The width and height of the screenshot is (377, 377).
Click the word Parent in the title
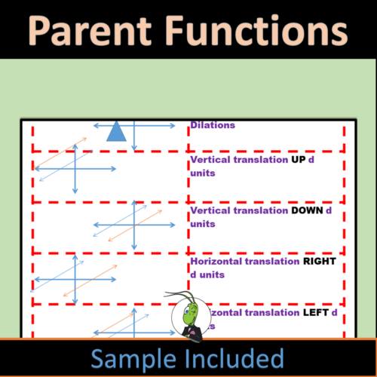pyautogui.click(x=95, y=32)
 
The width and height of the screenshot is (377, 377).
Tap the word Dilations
pyautogui.click(x=213, y=125)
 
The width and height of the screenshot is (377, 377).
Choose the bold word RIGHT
pyautogui.click(x=319, y=262)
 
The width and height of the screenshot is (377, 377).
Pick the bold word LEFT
pyautogui.click(x=314, y=312)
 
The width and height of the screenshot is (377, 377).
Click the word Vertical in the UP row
pyautogui.click(x=210, y=160)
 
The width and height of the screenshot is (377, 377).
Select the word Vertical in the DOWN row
pyautogui.click(x=210, y=211)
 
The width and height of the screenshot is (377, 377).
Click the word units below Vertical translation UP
pyautogui.click(x=204, y=173)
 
